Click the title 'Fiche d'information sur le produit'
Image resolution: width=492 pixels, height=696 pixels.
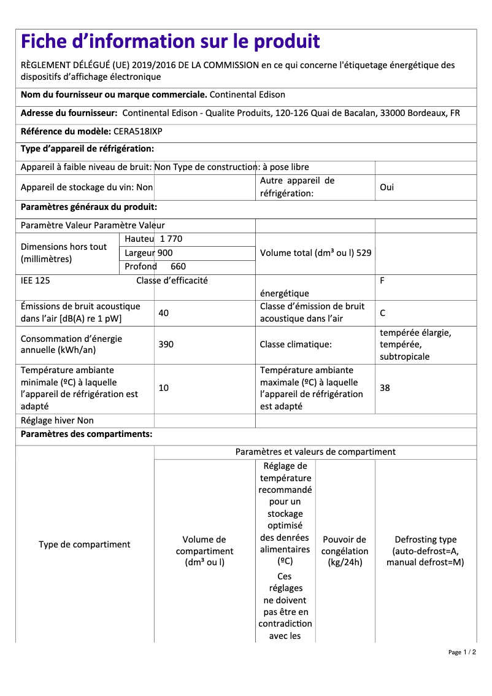(x=170, y=42)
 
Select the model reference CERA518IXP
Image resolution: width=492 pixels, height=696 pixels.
(x=138, y=131)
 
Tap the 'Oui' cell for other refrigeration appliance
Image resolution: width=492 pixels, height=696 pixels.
(x=386, y=187)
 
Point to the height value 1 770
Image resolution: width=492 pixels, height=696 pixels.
(x=171, y=239)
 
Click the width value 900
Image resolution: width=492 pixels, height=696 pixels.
(x=165, y=253)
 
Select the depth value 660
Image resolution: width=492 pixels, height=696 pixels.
(x=178, y=266)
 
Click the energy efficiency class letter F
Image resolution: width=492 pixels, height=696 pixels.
(x=382, y=280)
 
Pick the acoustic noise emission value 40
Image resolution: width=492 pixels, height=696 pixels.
(x=163, y=313)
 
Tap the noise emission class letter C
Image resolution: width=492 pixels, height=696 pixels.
(x=382, y=313)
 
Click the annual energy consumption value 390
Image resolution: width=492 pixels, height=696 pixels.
(x=166, y=344)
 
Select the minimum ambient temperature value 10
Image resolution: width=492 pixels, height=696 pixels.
(x=163, y=388)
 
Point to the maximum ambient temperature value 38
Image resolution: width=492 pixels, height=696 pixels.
(x=385, y=388)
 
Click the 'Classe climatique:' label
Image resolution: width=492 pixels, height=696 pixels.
(x=296, y=344)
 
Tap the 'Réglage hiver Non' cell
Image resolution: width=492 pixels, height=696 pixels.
(x=57, y=420)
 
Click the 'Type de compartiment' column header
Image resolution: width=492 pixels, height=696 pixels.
(x=85, y=544)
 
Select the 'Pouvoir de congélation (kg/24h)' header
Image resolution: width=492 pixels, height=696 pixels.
(x=345, y=551)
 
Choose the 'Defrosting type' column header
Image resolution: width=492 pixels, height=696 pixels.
(x=425, y=551)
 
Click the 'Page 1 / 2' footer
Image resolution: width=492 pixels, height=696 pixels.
(x=462, y=652)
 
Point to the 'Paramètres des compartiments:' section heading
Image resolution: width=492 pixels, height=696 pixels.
(x=86, y=435)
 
